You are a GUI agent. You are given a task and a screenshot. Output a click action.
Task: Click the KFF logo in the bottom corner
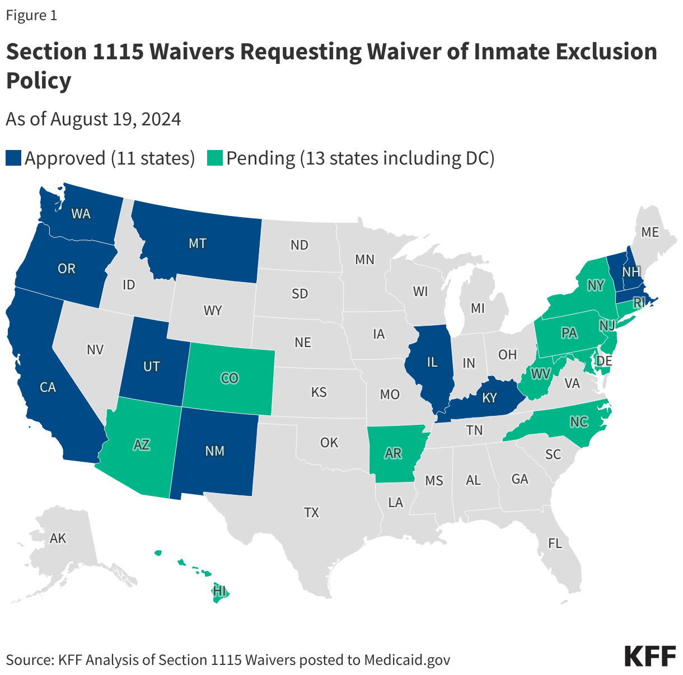pyautogui.click(x=650, y=656)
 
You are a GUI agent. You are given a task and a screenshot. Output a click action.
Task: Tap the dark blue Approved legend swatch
pyautogui.click(x=13, y=158)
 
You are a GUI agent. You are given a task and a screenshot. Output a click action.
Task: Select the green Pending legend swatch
pyautogui.click(x=215, y=158)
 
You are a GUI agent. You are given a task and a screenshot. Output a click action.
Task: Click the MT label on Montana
pyautogui.click(x=198, y=243)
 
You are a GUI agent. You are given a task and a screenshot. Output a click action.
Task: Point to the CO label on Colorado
pyautogui.click(x=230, y=378)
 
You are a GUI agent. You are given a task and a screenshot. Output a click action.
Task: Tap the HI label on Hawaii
pyautogui.click(x=219, y=591)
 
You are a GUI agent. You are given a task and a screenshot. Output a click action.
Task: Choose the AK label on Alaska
pyautogui.click(x=58, y=538)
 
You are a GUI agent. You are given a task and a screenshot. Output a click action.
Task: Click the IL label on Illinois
pyautogui.click(x=432, y=363)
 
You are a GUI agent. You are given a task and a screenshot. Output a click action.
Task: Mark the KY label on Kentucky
pyautogui.click(x=489, y=398)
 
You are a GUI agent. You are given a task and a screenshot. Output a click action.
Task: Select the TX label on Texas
pyautogui.click(x=311, y=512)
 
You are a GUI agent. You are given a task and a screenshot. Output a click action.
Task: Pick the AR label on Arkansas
pyautogui.click(x=394, y=453)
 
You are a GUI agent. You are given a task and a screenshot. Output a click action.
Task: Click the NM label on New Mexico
pyautogui.click(x=214, y=451)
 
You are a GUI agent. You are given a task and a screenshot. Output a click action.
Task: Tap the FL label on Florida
pyautogui.click(x=555, y=543)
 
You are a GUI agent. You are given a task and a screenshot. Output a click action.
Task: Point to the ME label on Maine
pyautogui.click(x=650, y=232)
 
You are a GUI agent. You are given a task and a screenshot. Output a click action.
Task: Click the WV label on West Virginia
pyautogui.click(x=541, y=373)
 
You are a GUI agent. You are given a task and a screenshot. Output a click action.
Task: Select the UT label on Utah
pyautogui.click(x=151, y=367)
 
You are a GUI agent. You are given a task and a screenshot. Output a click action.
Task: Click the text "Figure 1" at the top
pyautogui.click(x=31, y=16)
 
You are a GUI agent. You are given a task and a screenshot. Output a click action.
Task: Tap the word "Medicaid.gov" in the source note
pyautogui.click(x=407, y=660)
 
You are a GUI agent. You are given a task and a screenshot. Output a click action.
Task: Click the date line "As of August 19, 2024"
pyautogui.click(x=93, y=119)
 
